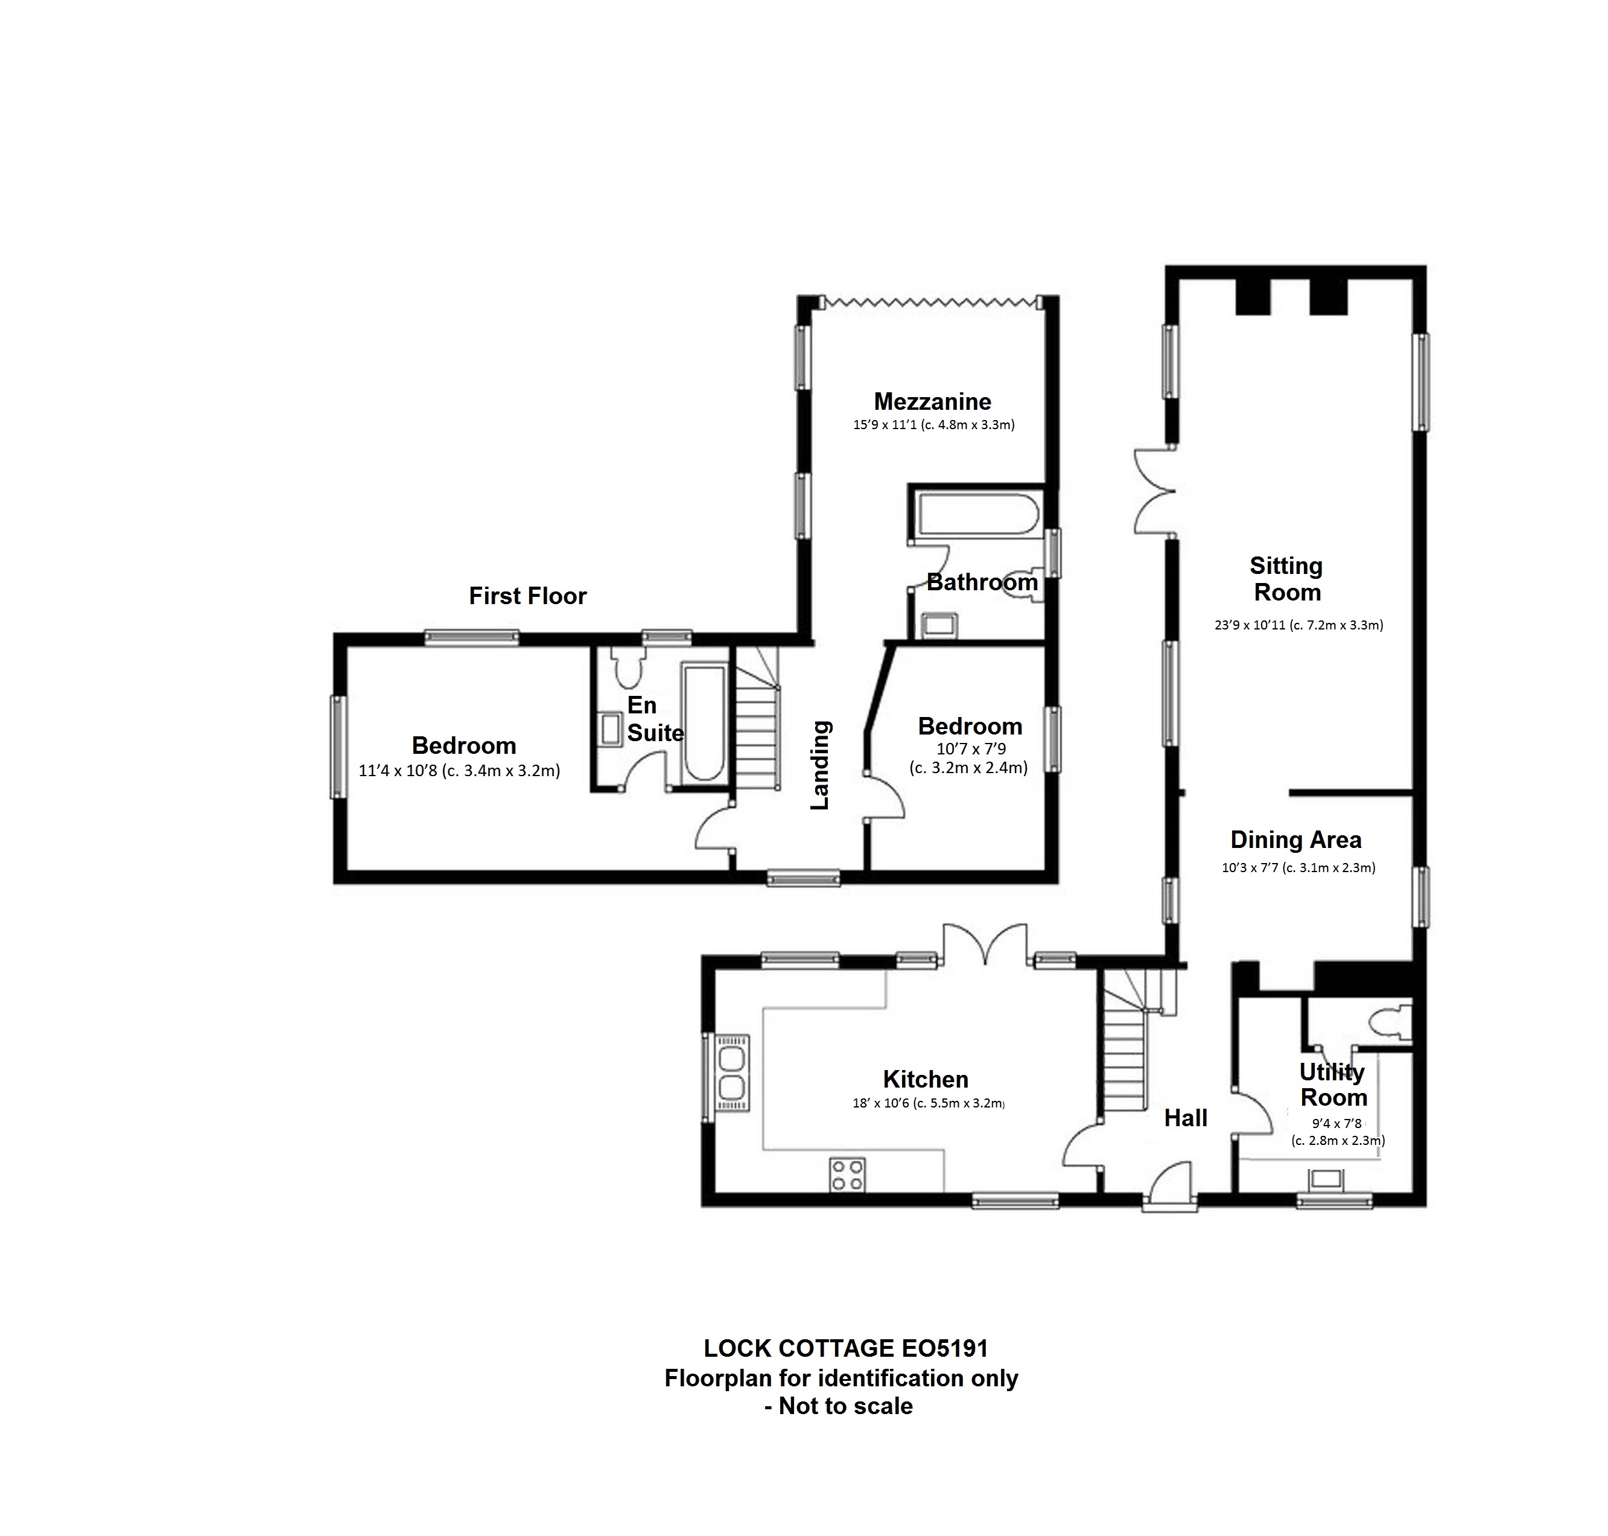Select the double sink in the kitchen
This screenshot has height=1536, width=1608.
pos(731,1074)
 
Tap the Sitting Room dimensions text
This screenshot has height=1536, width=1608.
pos(1298,625)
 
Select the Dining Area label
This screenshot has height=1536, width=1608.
pos(1296,840)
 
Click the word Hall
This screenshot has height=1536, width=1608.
pos(1186,1118)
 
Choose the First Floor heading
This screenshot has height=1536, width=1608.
pos(527,596)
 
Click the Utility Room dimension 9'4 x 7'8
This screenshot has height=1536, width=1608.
pos(1336,1123)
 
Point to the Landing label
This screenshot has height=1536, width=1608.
pos(821,765)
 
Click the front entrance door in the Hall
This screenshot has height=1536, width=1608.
pos(1170,1187)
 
